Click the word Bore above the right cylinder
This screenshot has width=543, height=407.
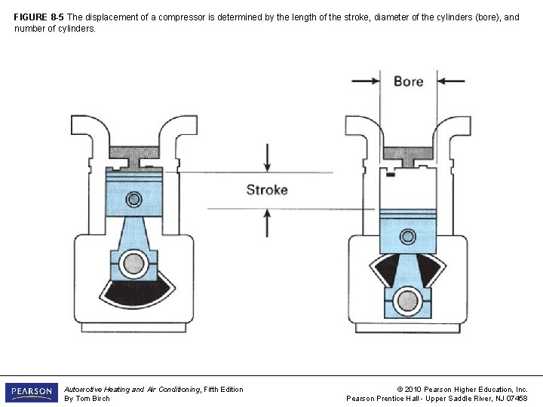pos(408,81)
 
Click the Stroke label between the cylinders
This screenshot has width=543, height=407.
pos(267,190)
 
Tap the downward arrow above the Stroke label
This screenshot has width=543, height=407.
pos(267,158)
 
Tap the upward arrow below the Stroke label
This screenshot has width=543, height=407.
pos(267,223)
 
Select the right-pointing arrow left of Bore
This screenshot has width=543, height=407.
pos(366,81)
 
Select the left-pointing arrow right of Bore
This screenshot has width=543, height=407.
pos(451,81)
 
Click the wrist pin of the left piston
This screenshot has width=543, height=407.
pos(133,199)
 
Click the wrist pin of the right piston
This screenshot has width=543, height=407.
pos(408,237)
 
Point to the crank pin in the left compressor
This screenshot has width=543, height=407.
pos(133,263)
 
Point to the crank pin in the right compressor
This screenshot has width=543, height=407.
pos(408,301)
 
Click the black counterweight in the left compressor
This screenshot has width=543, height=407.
pos(137,293)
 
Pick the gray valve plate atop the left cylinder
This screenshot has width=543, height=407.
pos(134,157)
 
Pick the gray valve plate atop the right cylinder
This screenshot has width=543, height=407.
pos(408,156)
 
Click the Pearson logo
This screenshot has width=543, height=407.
pos(32,393)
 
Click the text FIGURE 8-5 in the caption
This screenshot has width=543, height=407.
pos(38,17)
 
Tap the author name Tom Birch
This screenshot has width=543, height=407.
pos(93,399)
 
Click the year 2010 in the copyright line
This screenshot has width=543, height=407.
pos(413,390)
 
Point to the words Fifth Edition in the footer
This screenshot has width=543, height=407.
pos(223,390)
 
